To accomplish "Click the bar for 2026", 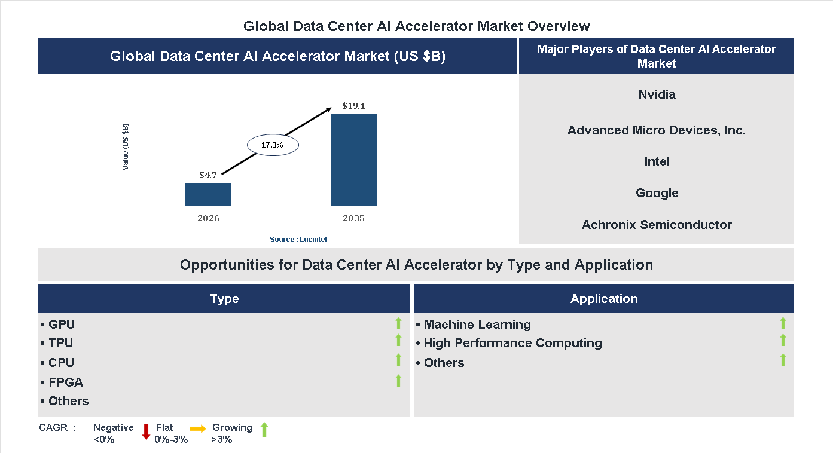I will (208, 195).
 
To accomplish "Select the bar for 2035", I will (354, 160).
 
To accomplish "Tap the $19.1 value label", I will (353, 106).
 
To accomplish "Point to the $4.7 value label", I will (208, 176).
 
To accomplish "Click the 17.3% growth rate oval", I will (272, 145).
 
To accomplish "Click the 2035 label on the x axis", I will (353, 218).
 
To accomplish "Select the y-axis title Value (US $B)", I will (126, 146).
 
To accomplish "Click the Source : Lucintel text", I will (298, 239).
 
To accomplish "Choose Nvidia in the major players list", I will (657, 94).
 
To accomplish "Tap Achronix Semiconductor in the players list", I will (657, 225).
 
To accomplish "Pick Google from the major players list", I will (657, 193).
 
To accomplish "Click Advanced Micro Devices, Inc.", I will (657, 130).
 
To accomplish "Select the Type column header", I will (224, 299).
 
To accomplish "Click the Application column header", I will (603, 299).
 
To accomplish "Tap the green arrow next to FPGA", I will (398, 381).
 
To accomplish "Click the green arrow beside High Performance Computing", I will (783, 341).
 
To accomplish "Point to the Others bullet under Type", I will (65, 401).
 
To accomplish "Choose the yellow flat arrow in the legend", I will (198, 428).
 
